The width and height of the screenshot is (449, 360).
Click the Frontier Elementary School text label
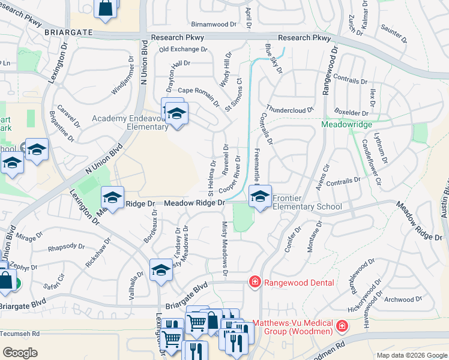[x=307, y=202]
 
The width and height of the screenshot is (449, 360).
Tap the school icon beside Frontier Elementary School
[x=260, y=197]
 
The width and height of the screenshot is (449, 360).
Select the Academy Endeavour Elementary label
[x=130, y=122]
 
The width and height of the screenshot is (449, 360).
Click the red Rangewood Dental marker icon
[x=255, y=281]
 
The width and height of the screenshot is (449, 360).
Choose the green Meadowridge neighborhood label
[x=346, y=124]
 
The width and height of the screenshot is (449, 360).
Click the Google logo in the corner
[x=20, y=352]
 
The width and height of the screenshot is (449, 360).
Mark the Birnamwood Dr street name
[x=214, y=25]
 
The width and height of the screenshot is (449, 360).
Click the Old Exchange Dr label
[x=183, y=49]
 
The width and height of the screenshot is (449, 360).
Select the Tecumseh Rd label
[x=20, y=334]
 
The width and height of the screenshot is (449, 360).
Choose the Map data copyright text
[x=412, y=355]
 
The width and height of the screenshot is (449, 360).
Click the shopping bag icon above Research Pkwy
[x=104, y=8]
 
